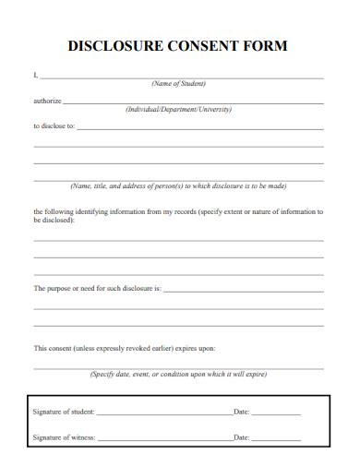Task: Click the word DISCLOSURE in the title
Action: coord(115,44)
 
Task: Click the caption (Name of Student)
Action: coord(178,84)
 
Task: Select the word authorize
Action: coord(46,101)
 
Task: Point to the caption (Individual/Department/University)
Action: coord(178,109)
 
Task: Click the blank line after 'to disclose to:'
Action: coord(199,128)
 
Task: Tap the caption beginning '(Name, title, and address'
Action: coord(179,185)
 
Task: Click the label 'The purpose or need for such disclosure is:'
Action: coord(97,289)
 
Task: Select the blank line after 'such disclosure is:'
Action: coord(243,292)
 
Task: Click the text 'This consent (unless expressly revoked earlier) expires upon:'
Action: coord(124,349)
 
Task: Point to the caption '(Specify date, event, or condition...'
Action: coord(178,375)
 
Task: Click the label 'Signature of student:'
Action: coord(64,412)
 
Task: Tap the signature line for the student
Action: coord(164,414)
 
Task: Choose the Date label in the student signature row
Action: coord(242,412)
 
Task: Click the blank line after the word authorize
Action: coord(192,103)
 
